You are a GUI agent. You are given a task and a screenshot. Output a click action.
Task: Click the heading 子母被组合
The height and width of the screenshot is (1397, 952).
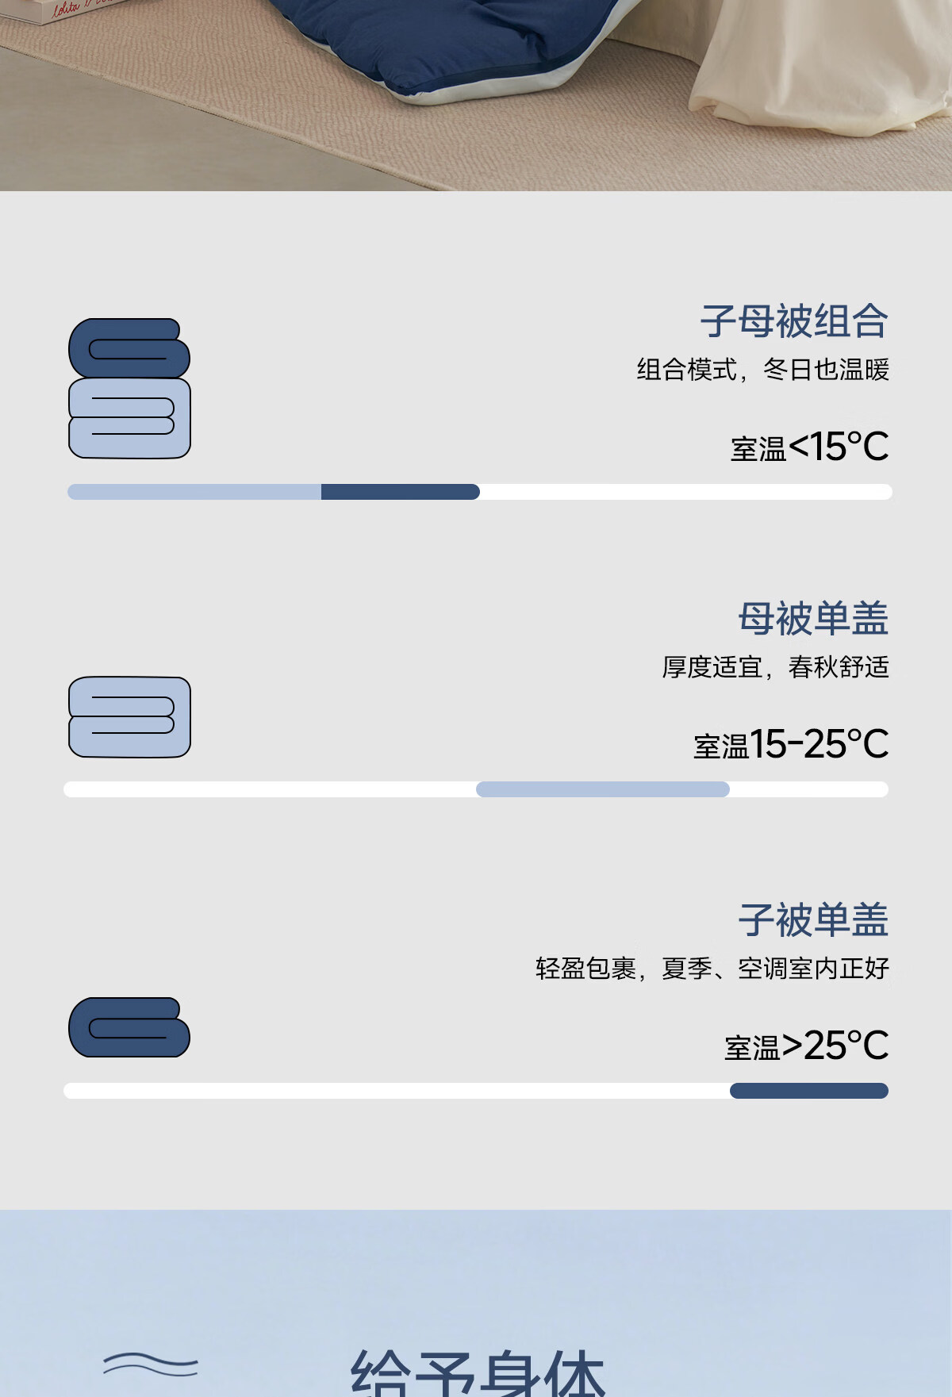click(793, 321)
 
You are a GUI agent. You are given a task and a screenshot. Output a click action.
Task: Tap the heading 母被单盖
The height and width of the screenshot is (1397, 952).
click(812, 619)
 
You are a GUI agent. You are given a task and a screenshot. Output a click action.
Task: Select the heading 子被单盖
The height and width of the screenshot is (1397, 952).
click(812, 920)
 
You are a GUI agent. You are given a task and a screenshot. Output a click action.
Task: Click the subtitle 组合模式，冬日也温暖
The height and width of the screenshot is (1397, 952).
click(762, 370)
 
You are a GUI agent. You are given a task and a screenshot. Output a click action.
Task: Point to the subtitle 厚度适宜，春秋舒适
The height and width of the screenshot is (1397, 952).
click(775, 667)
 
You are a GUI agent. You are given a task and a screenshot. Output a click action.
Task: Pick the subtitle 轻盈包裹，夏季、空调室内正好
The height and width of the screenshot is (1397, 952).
click(712, 969)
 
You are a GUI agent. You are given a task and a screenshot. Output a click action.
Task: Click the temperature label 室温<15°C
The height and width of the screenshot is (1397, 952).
click(809, 447)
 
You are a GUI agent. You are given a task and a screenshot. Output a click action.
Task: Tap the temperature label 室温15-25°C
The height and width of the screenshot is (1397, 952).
click(790, 745)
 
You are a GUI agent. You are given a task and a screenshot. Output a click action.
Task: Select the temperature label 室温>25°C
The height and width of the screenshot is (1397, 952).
click(806, 1046)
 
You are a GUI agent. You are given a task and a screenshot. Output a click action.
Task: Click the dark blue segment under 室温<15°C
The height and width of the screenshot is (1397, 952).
click(400, 492)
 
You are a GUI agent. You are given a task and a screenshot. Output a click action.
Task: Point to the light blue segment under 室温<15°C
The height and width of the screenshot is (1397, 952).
click(194, 492)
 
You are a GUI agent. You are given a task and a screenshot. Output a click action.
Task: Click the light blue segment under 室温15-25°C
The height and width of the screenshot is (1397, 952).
click(602, 789)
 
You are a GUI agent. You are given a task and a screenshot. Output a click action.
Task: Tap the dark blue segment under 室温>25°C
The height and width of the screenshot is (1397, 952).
click(808, 1091)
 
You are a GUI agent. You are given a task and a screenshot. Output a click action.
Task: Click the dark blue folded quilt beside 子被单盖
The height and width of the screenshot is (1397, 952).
click(129, 1027)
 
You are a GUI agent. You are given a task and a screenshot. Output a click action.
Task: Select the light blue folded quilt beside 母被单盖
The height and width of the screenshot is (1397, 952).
click(129, 717)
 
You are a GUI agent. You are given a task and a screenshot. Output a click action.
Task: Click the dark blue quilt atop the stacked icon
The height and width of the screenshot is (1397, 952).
click(129, 348)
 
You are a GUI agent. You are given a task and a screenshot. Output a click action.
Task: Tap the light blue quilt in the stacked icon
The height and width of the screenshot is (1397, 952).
click(129, 418)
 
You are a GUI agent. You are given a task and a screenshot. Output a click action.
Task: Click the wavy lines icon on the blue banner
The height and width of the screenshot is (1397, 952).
click(150, 1364)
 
